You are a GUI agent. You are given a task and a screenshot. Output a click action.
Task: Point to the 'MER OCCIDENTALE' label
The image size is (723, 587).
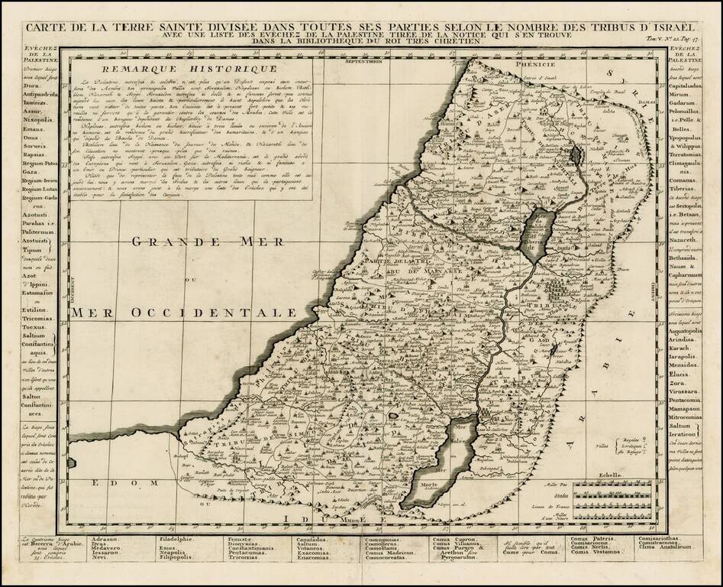point(183,312)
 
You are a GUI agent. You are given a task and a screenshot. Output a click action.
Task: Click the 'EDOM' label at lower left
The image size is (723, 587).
point(111,483)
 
